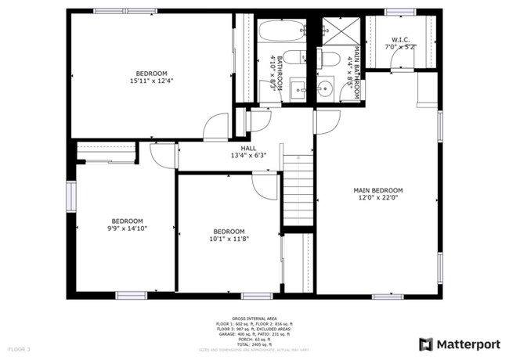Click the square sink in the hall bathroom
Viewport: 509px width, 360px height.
(x=298, y=88)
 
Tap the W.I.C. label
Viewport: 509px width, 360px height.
(x=400, y=39)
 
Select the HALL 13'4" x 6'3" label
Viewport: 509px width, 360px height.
(x=248, y=152)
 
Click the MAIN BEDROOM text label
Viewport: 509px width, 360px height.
(x=377, y=190)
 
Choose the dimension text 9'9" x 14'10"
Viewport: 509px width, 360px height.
(x=126, y=229)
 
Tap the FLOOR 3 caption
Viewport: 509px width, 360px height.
(x=20, y=348)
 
